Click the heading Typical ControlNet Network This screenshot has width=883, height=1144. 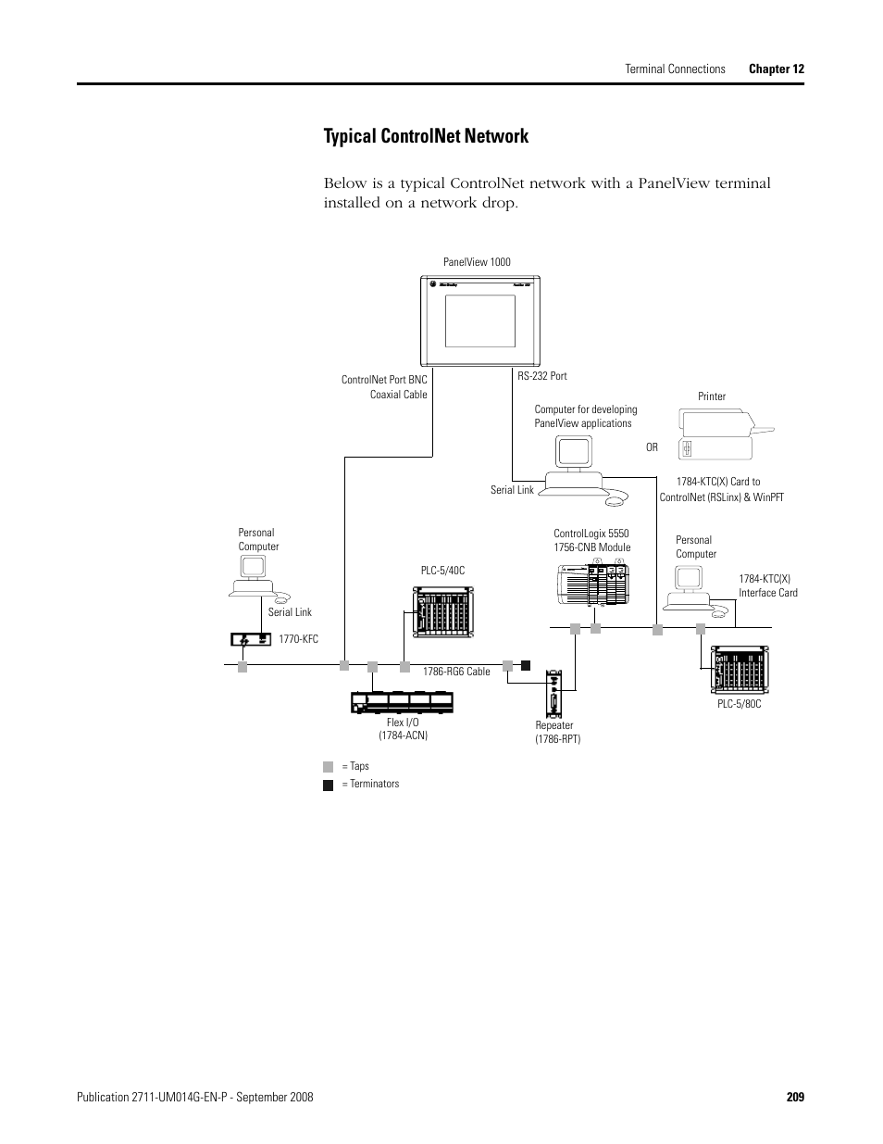click(426, 136)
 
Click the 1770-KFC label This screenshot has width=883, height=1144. click(298, 639)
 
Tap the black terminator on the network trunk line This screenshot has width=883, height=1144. click(525, 664)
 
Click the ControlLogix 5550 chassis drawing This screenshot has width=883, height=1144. click(592, 584)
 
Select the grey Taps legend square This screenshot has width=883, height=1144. click(328, 767)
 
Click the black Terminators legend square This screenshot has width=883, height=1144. click(328, 785)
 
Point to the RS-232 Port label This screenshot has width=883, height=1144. click(542, 376)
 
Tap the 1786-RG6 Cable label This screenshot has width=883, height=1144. click(456, 672)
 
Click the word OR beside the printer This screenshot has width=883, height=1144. click(652, 447)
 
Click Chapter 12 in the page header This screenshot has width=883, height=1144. click(776, 69)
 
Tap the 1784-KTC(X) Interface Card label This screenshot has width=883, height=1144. click(767, 585)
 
